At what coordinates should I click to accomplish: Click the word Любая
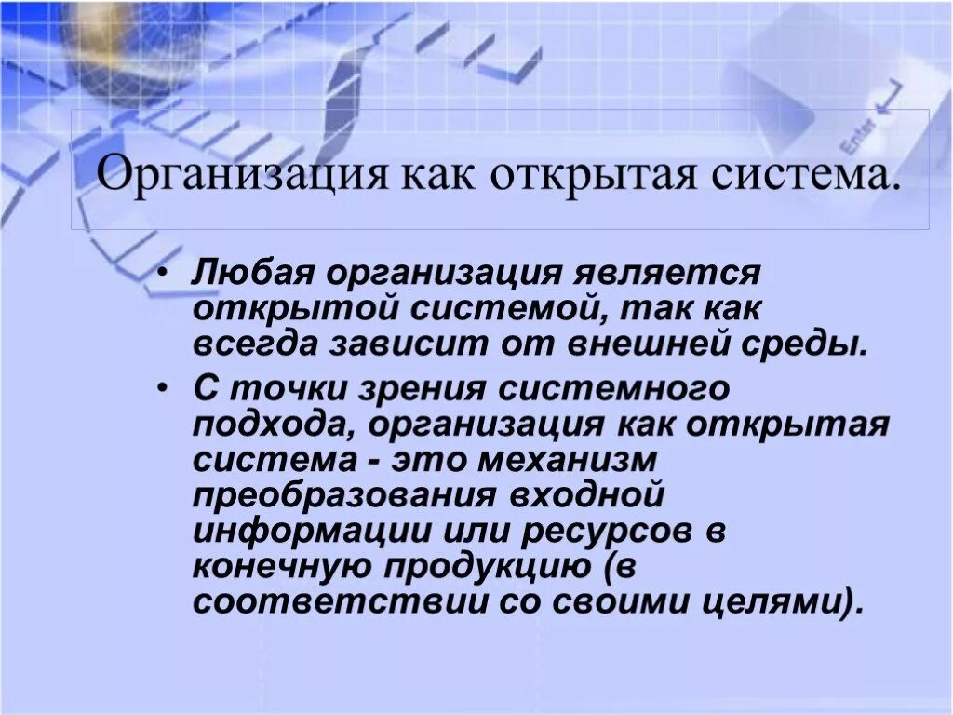tap(245, 276)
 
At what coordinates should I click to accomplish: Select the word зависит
tap(407, 344)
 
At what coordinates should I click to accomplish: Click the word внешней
tap(651, 344)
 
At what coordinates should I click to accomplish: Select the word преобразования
tap(342, 496)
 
